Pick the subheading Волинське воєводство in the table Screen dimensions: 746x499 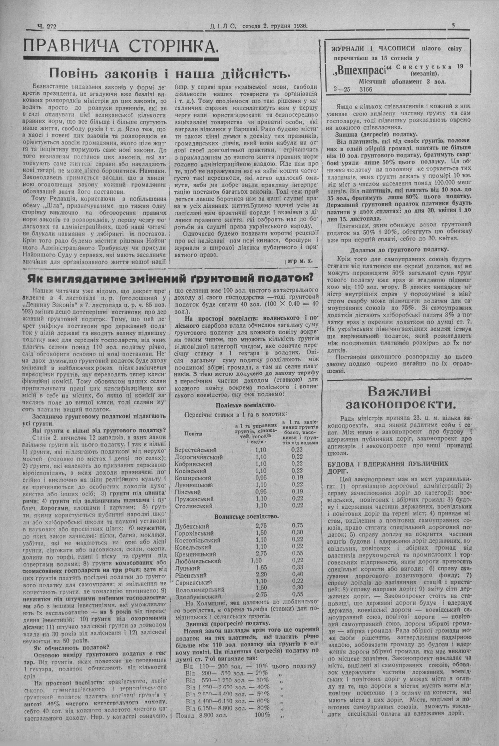(x=247, y=516)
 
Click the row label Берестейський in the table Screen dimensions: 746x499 (x=195, y=449)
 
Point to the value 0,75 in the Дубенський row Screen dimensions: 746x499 (x=298, y=525)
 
